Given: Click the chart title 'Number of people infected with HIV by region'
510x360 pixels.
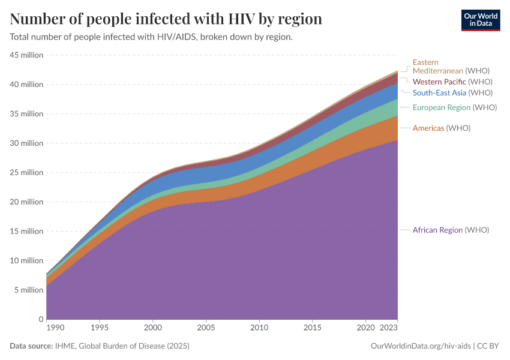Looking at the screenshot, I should [166, 19].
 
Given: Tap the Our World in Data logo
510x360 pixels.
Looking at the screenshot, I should [480, 20].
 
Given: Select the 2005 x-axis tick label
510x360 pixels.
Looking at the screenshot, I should [206, 329].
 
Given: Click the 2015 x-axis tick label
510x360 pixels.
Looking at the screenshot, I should [312, 329].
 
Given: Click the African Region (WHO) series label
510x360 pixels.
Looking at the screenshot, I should [451, 230].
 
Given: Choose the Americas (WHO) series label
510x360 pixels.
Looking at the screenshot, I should [441, 128].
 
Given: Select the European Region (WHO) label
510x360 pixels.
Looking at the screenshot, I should [454, 107].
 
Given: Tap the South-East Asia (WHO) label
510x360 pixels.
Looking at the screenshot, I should [452, 92].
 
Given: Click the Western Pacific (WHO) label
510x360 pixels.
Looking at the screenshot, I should [452, 82].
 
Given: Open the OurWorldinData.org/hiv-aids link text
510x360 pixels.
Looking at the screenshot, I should [421, 346].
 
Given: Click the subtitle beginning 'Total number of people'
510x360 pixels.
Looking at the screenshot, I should [151, 37].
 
